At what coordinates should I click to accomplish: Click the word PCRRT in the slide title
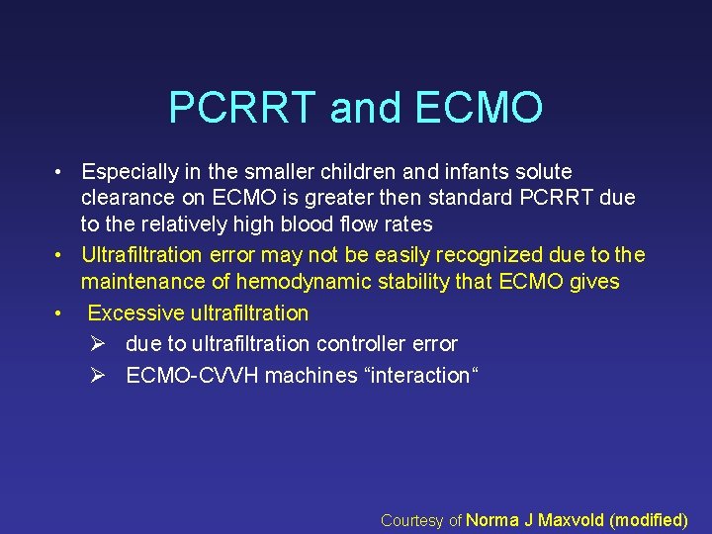click(x=242, y=107)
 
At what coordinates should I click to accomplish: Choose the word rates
click(x=405, y=223)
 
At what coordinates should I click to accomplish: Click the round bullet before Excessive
click(x=59, y=313)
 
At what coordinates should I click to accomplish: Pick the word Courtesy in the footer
click(x=412, y=520)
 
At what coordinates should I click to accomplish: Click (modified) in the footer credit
click(x=650, y=520)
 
